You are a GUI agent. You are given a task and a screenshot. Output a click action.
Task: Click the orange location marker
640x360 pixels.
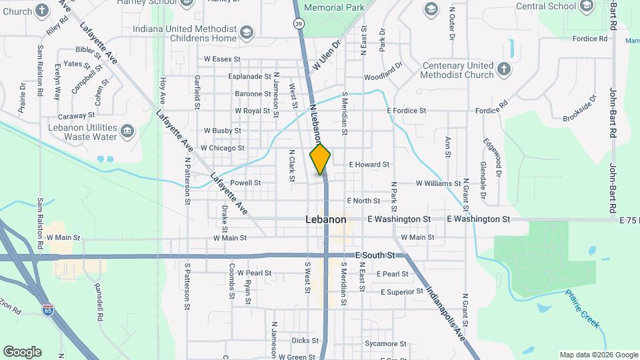[x=321, y=159]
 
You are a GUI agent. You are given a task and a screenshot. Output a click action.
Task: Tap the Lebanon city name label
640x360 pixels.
[x=326, y=219]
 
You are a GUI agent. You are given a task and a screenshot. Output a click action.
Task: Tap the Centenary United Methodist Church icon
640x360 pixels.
[x=505, y=69]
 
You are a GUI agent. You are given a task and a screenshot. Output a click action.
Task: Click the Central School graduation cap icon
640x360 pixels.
[x=587, y=7]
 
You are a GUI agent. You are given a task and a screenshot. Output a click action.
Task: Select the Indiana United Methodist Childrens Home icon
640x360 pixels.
[x=247, y=33]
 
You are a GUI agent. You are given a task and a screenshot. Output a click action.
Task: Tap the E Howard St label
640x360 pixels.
[x=369, y=164]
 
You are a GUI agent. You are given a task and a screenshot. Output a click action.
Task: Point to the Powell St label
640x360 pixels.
[x=245, y=182]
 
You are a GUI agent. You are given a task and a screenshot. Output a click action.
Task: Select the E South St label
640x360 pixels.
[x=375, y=255]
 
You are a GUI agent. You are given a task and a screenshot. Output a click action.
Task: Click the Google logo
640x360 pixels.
[x=22, y=352]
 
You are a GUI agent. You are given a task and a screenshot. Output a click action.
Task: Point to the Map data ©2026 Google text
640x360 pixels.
[x=598, y=355]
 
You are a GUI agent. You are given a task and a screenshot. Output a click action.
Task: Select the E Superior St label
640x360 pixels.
[x=402, y=292]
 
